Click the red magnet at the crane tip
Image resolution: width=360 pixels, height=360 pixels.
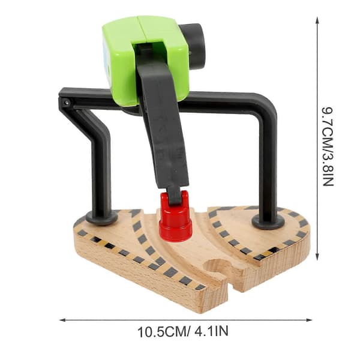[x=176, y=220]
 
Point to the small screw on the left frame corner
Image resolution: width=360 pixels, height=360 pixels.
[x=67, y=103]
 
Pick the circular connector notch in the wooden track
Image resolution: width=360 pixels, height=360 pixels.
[x=217, y=267]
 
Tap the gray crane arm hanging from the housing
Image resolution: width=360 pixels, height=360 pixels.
[x=163, y=128]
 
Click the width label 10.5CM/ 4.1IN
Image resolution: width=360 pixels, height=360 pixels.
[x=183, y=332]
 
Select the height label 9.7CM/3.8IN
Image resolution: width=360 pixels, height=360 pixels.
[x=327, y=146]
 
